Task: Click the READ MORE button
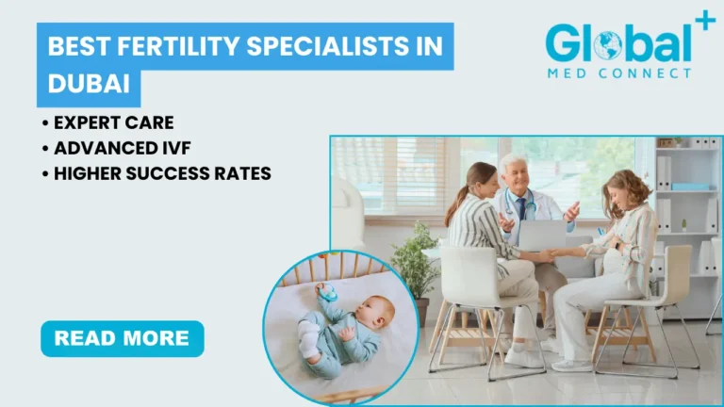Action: click(x=122, y=338)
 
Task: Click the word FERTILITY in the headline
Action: click(x=158, y=46)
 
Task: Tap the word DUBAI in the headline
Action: click(x=89, y=84)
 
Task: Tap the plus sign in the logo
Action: click(x=703, y=21)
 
